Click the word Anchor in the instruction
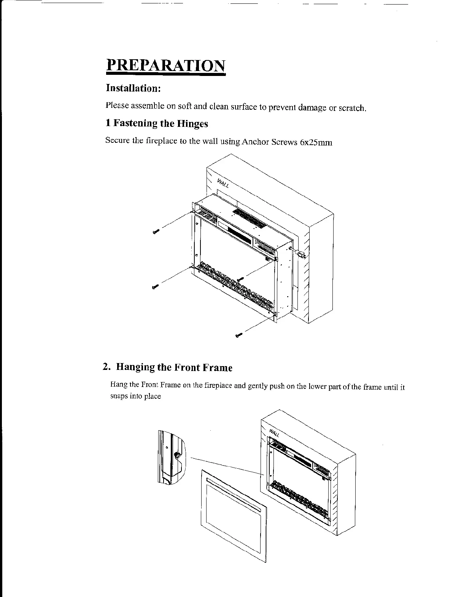256,142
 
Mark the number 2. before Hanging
107,367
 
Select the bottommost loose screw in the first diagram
238,335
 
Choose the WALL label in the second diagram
274,433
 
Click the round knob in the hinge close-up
176,455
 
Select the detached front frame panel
233,513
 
